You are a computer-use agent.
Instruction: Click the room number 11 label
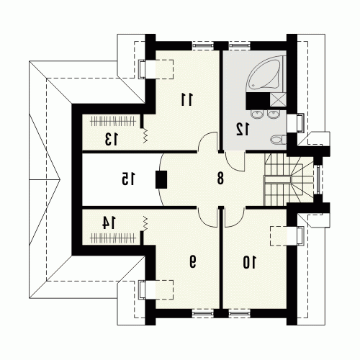tap(187, 99)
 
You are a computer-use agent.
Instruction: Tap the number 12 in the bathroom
tap(243, 129)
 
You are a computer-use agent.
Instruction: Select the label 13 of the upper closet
tap(112, 139)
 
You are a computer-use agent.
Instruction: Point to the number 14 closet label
tap(109, 222)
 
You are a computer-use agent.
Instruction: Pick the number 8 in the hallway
tap(220, 179)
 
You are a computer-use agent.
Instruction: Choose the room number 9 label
tap(193, 261)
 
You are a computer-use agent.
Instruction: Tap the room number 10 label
tap(250, 262)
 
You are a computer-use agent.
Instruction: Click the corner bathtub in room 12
tap(266, 73)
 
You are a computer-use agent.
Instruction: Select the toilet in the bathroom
tap(279, 140)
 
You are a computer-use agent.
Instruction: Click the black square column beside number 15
tap(161, 179)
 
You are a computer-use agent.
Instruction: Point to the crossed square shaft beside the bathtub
tap(278, 100)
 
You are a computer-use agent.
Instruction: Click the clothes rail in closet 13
tap(112, 121)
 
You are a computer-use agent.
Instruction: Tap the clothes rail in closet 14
tap(112, 238)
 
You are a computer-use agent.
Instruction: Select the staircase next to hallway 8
tap(288, 179)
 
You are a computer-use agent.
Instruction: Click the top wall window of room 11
tap(203, 45)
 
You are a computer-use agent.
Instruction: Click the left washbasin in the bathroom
tap(257, 114)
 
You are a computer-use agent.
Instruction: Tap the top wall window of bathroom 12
tap(239, 45)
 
